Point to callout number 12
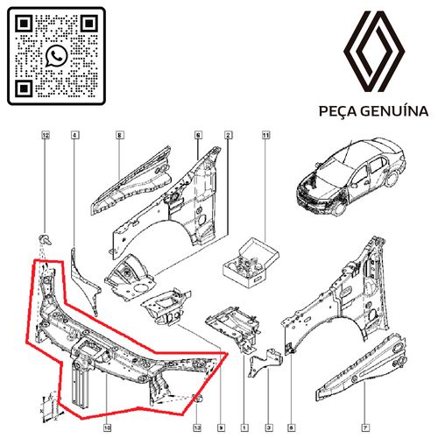46,136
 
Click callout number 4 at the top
74,136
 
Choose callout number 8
119,136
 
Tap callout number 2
228,136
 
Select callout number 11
265,136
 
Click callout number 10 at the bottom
107,405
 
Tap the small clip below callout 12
46,238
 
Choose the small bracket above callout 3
259,360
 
